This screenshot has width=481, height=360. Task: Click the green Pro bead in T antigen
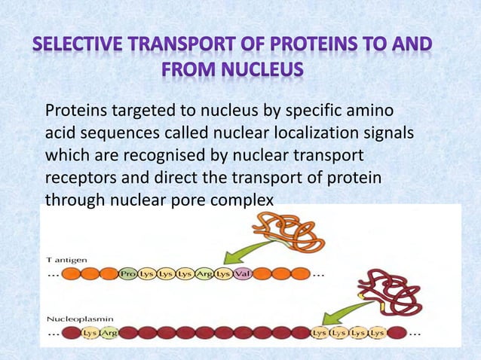pos(128,274)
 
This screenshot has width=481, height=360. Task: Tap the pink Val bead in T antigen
pos(243,274)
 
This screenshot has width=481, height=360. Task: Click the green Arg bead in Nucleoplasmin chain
pos(109,333)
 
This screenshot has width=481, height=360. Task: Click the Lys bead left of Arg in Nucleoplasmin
pos(90,333)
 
